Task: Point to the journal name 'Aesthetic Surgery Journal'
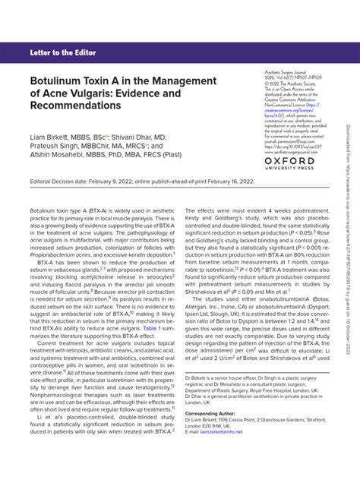pos(280,68)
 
